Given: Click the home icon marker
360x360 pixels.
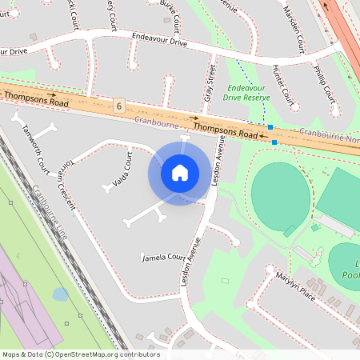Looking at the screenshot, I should [180, 173].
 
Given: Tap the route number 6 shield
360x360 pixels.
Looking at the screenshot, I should [119, 106].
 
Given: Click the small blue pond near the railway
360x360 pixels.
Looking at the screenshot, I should [60, 294].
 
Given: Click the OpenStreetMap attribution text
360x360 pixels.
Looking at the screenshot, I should [81, 354].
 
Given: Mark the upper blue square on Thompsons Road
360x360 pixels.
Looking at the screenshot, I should [270, 127].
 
